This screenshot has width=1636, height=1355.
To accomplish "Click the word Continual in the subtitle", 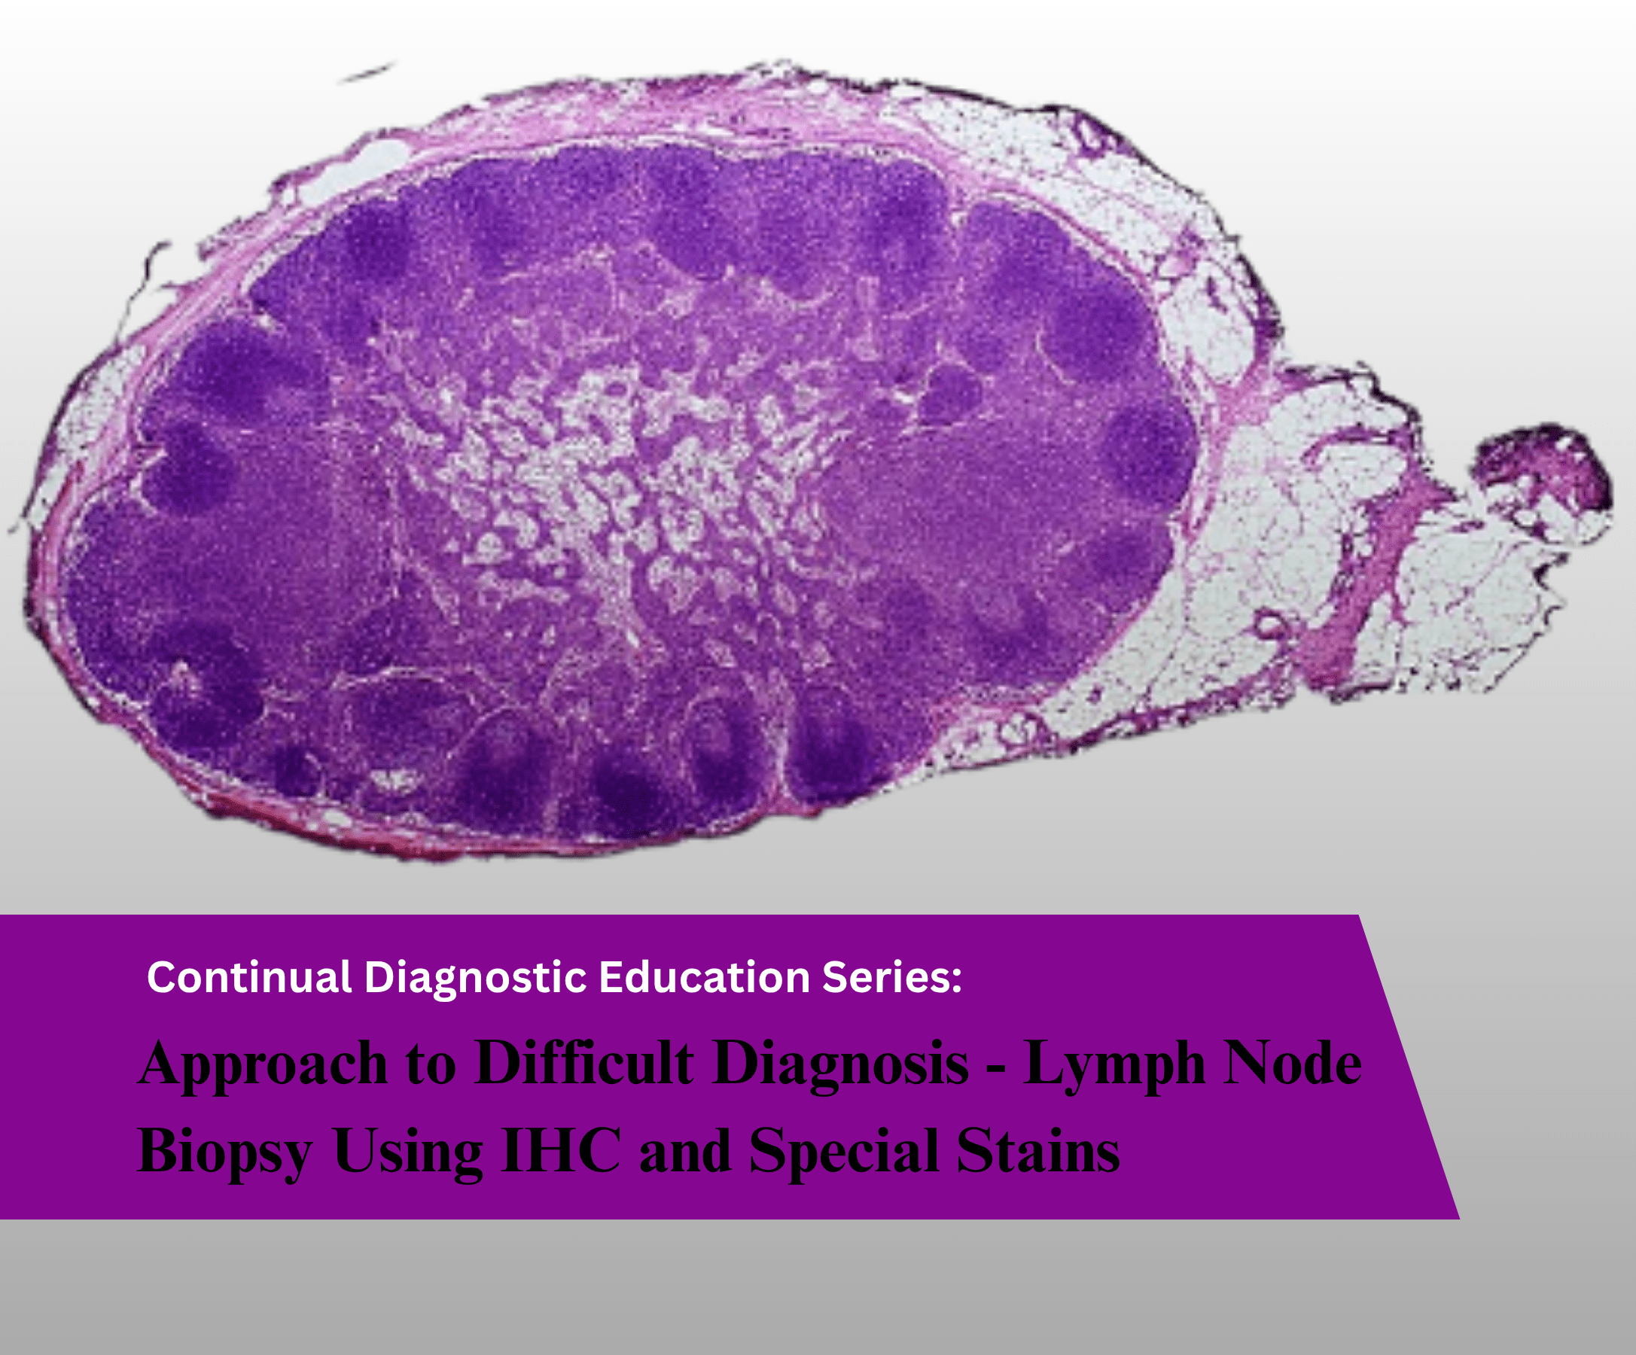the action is tap(249, 977).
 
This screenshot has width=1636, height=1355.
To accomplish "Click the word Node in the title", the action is tap(1293, 1064).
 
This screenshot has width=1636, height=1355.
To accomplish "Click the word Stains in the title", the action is tap(1038, 1150).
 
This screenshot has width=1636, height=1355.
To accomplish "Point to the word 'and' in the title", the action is tap(685, 1152).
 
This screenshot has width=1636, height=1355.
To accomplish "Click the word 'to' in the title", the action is tap(430, 1067).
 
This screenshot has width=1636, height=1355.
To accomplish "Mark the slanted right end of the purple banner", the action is tap(1409, 1067).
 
